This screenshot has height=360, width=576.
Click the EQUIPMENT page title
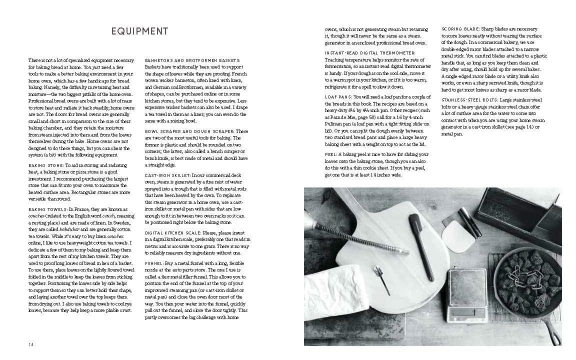coord(139,31)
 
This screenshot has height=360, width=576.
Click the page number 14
coord(31,343)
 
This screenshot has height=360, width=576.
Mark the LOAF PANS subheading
coord(336,95)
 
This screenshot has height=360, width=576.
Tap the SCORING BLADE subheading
coord(460,28)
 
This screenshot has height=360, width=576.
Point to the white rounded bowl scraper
coord(457,235)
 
